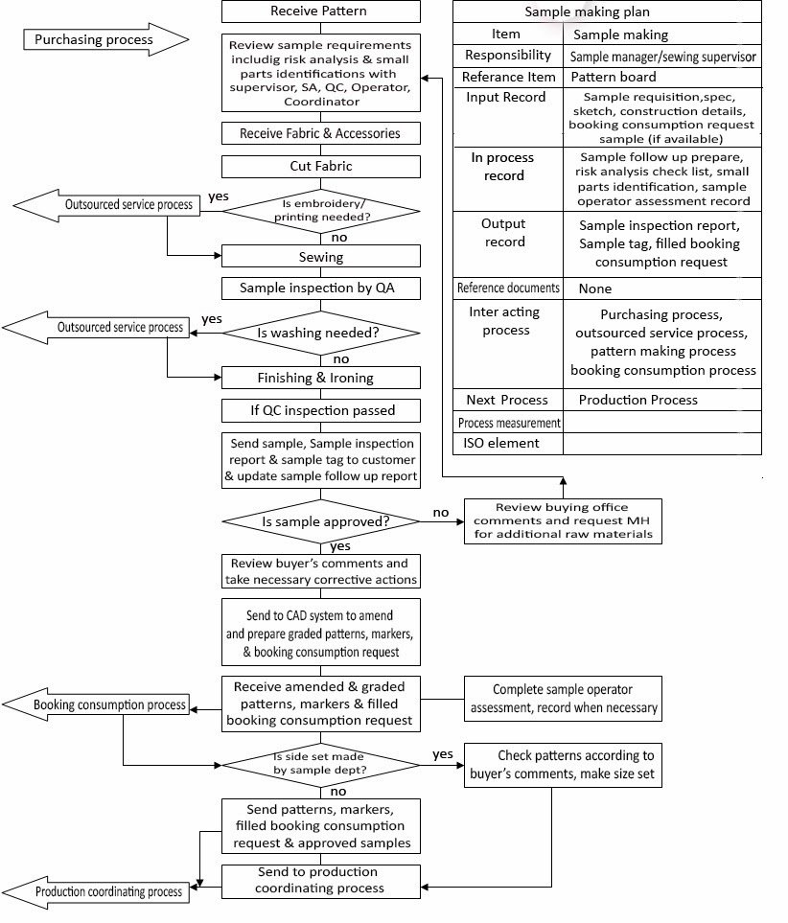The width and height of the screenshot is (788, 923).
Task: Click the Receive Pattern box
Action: coord(320,12)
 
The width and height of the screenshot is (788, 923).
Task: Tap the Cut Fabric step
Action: coord(320,167)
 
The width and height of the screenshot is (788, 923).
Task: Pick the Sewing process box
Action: coord(320,257)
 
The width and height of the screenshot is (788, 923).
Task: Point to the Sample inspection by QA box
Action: coord(320,288)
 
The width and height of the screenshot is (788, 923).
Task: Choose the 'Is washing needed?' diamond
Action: coord(320,333)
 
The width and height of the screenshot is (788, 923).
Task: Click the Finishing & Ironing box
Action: coord(320,378)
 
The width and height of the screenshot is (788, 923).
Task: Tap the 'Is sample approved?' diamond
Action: coord(320,521)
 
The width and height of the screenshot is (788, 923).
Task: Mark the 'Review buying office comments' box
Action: coord(563,520)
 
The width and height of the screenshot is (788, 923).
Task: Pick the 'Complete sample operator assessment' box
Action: coord(563,699)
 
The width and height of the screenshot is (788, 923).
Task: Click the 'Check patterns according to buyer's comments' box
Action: coord(563,764)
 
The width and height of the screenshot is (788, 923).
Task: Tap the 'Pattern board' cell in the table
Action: coord(614,77)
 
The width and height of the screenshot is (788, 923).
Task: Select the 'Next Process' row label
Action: coord(507,400)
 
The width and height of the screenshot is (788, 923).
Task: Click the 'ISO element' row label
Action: coord(501,443)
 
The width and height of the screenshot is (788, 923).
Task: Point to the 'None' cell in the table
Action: coord(594,288)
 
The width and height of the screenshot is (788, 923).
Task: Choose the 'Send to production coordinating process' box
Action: coord(320,880)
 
